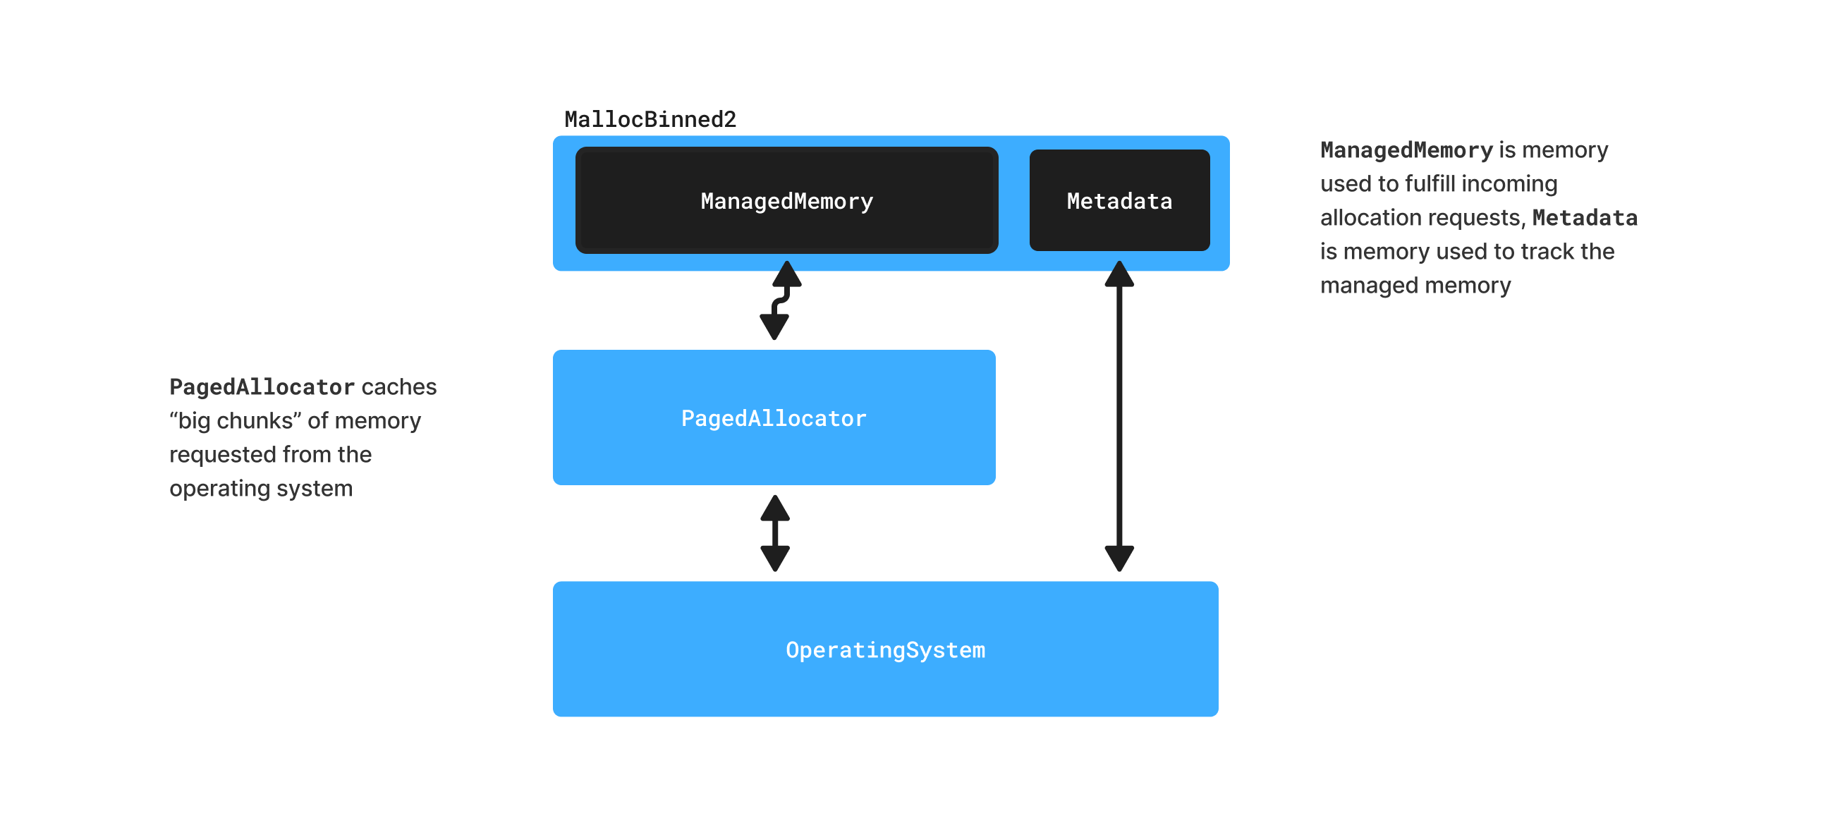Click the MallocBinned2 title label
point(650,119)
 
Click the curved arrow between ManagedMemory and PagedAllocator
point(780,301)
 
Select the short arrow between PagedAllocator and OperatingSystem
point(775,532)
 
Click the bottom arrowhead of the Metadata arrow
point(1119,558)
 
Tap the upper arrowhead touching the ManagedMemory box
point(787,274)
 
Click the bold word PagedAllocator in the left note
point(262,386)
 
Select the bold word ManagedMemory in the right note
point(1406,150)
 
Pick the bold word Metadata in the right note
point(1585,217)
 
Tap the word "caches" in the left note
point(398,386)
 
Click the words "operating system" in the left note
point(260,488)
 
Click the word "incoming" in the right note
point(1509,184)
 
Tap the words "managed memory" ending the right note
point(1415,285)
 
